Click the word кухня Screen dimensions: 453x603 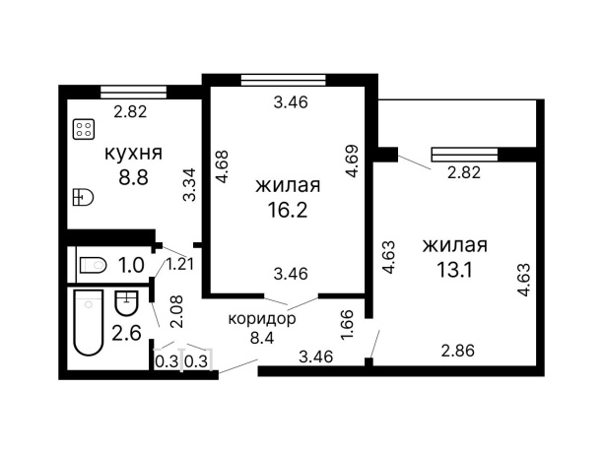pyautogui.click(x=133, y=153)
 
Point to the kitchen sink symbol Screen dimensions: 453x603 pyautogui.click(x=83, y=198)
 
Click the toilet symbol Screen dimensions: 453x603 pyautogui.click(x=94, y=264)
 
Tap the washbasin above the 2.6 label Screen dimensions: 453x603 pyautogui.click(x=127, y=300)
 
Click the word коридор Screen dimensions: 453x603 pyautogui.click(x=262, y=320)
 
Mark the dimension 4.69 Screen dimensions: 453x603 pyautogui.click(x=353, y=162)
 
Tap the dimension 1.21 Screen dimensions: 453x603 pyautogui.click(x=179, y=264)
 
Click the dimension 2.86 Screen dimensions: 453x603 pyautogui.click(x=458, y=350)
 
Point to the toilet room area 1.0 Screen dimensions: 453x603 pyautogui.click(x=132, y=264)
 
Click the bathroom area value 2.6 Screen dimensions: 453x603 pyautogui.click(x=126, y=331)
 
